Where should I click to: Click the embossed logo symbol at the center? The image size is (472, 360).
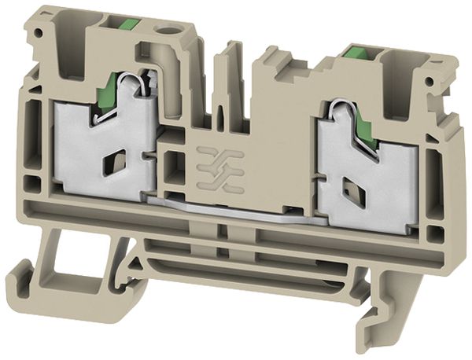click(218, 163)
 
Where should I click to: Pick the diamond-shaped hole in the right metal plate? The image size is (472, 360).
click(346, 186)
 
